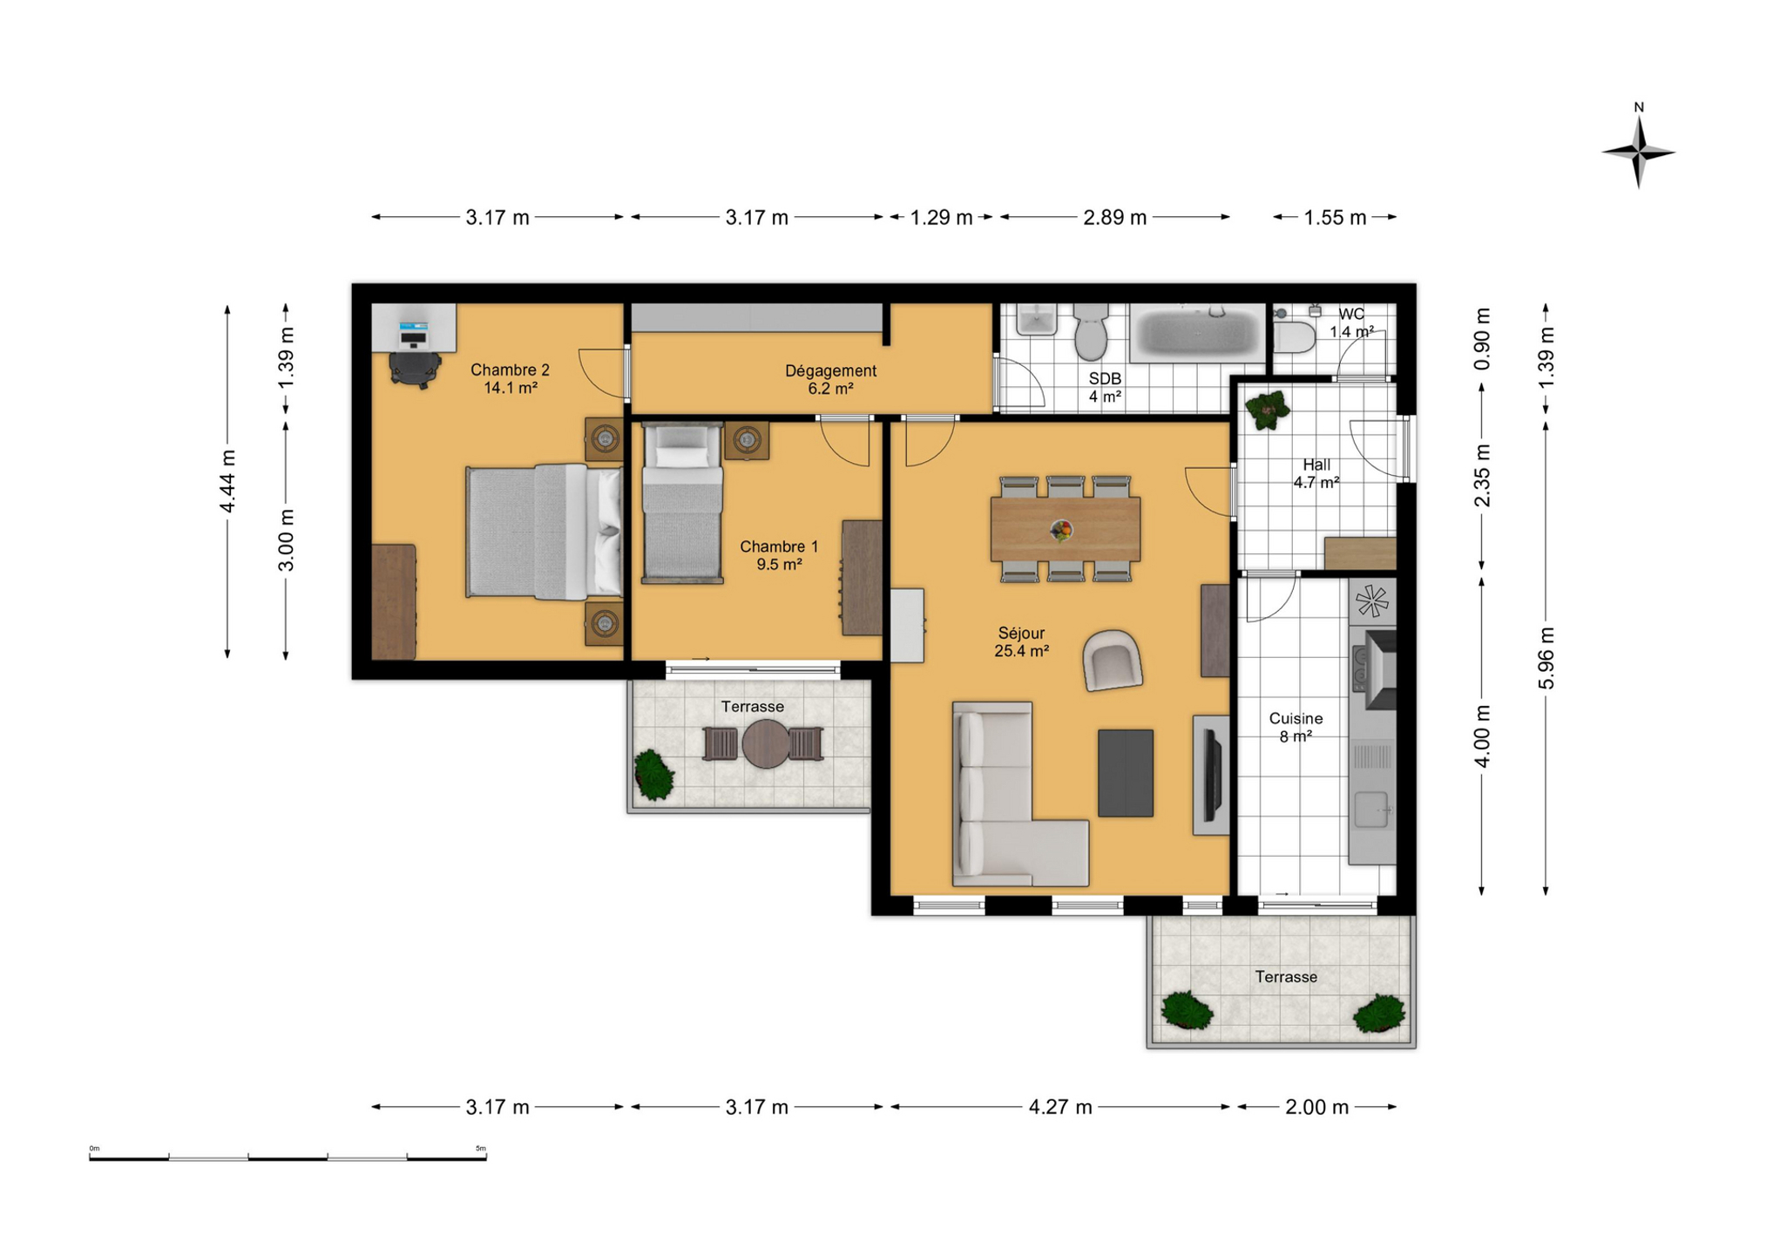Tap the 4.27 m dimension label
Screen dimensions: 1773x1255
(x=1059, y=1107)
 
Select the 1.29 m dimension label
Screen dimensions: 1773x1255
(x=941, y=217)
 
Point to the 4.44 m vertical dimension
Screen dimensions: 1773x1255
(x=227, y=481)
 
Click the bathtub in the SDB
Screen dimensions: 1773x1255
(x=1198, y=333)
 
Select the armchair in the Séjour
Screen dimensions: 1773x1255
(x=1113, y=660)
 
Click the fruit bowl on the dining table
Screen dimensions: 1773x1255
(x=1061, y=529)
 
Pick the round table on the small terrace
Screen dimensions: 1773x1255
(x=765, y=743)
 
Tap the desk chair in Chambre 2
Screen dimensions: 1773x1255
(x=415, y=367)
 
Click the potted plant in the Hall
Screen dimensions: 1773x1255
(x=1267, y=409)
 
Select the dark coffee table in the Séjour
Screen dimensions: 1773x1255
(x=1126, y=773)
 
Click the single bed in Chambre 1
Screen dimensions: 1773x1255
(x=682, y=503)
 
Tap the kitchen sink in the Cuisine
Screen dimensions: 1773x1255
(x=1370, y=810)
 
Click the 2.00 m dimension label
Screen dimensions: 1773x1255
(x=1316, y=1107)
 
